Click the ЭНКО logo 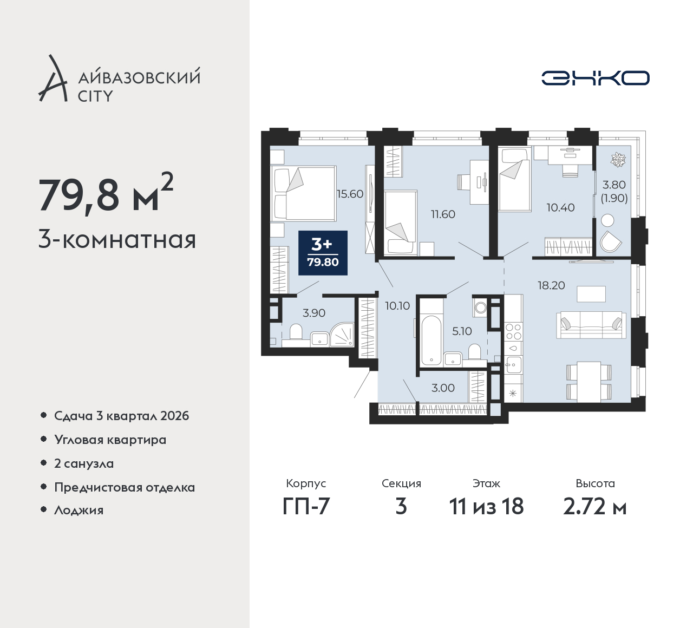coord(595,78)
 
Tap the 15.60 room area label coord(350,194)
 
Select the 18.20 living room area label coord(551,285)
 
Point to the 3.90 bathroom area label coord(313,313)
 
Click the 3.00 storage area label coord(443,388)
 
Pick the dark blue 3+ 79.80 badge coord(323,253)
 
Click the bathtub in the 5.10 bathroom coord(431,340)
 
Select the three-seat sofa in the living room coord(591,325)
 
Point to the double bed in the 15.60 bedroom coord(303,193)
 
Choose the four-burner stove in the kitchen coord(513,332)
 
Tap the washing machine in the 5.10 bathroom coord(480,307)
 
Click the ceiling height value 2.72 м coord(595,507)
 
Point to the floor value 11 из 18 coord(486,507)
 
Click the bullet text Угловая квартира coord(110,440)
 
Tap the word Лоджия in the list coord(79,510)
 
